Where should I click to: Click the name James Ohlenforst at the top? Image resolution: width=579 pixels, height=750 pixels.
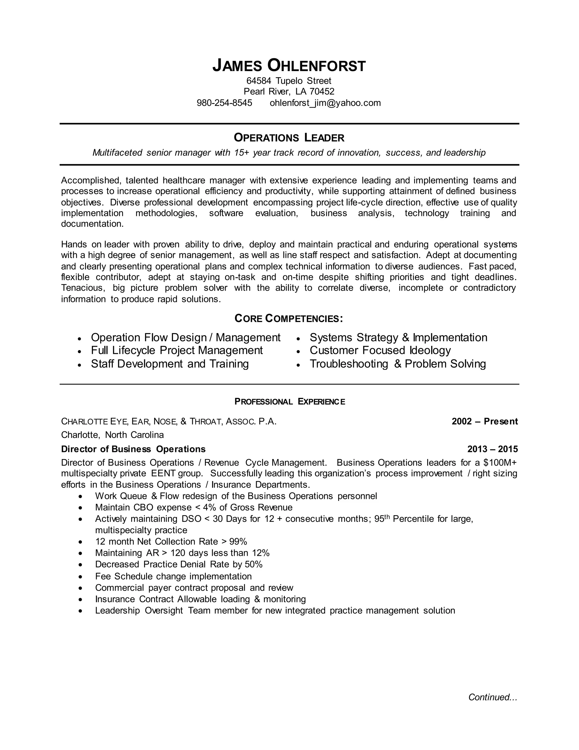tap(289, 66)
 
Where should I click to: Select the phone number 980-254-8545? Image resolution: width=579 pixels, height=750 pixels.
tap(224, 103)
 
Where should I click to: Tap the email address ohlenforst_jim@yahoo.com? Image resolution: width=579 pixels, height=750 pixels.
tap(325, 103)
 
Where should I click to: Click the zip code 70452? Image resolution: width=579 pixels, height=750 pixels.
tap(321, 91)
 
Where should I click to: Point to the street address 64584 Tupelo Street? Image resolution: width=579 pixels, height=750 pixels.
tap(289, 81)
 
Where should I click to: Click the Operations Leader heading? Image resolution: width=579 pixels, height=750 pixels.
tap(289, 138)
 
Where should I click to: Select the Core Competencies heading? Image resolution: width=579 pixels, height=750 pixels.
tap(289, 318)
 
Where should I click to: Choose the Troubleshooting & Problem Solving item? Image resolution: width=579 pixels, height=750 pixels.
tap(397, 364)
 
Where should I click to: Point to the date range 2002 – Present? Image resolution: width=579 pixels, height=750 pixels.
tap(484, 421)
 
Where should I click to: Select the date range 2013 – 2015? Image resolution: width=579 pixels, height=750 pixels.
tap(492, 449)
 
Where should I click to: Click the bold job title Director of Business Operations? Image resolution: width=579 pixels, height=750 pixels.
tap(133, 449)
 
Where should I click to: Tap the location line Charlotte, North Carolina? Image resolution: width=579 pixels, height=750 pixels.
tap(112, 435)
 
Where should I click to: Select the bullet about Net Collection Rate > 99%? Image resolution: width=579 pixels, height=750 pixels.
tap(171, 541)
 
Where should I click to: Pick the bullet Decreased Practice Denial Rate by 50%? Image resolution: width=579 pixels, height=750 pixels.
tap(178, 564)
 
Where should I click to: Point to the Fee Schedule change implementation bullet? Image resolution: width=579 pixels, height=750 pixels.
tap(173, 576)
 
